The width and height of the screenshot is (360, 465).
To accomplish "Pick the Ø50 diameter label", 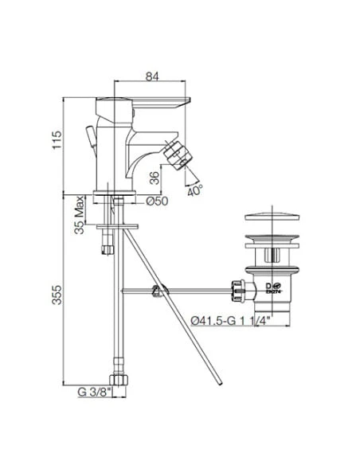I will [x=156, y=201].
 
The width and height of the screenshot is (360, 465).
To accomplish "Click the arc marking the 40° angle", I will [x=189, y=180].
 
